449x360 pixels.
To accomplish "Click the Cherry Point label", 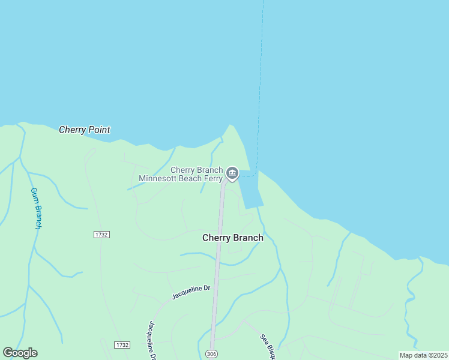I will [x=85, y=130].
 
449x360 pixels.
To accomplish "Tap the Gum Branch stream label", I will [x=36, y=208].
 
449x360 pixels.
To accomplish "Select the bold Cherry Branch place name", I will [x=233, y=238].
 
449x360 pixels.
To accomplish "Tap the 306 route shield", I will [x=211, y=353].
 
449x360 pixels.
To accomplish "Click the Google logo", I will [x=20, y=353].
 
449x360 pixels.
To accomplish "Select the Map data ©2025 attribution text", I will [x=423, y=355].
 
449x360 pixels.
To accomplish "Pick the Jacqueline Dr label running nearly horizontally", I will [x=191, y=292].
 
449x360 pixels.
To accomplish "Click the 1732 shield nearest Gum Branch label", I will [x=101, y=235].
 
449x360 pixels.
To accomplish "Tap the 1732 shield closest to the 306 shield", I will [x=122, y=345].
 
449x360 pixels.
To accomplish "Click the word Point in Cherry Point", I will [x=98, y=130].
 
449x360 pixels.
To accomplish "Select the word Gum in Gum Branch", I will [x=34, y=195].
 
